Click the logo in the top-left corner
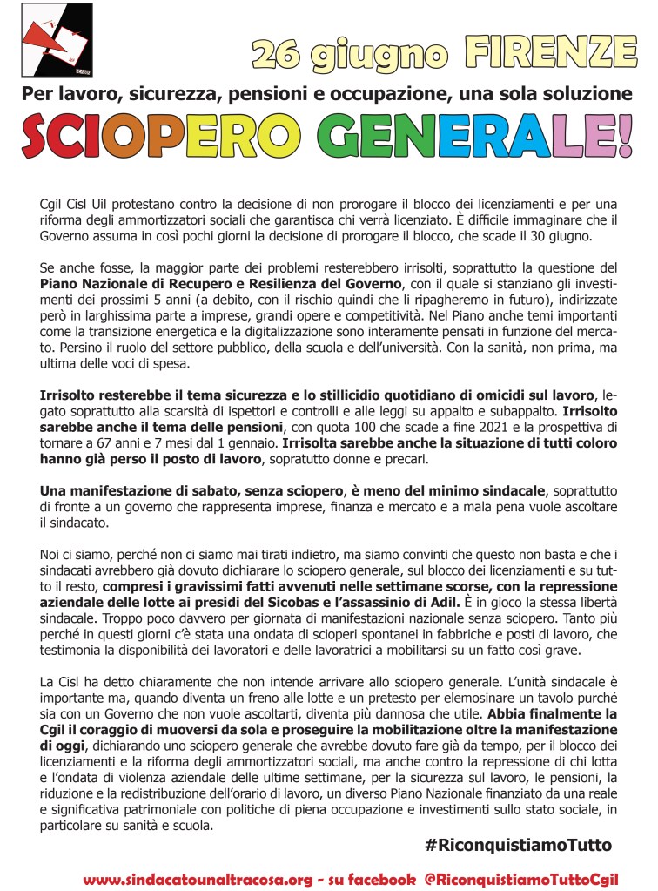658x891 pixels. tap(57, 39)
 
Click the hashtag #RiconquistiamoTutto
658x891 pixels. tap(519, 844)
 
